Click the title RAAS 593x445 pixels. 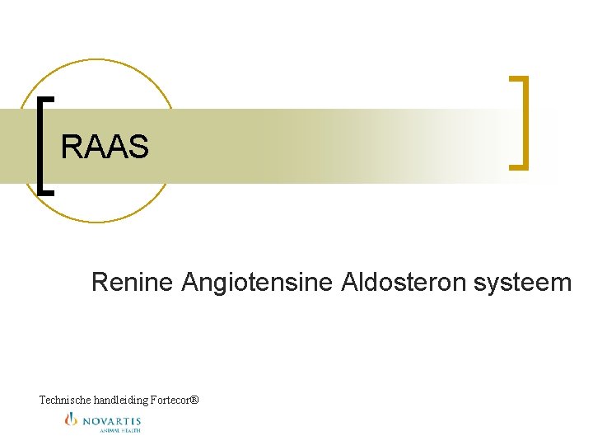tap(105, 148)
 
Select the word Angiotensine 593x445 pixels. tap(255, 283)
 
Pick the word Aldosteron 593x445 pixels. tap(401, 283)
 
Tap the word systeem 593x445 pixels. tap(522, 283)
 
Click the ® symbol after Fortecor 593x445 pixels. tap(194, 400)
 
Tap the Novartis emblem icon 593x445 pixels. tap(71, 420)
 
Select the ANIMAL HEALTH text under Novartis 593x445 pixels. tap(120, 429)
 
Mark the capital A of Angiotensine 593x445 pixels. tap(190, 283)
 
